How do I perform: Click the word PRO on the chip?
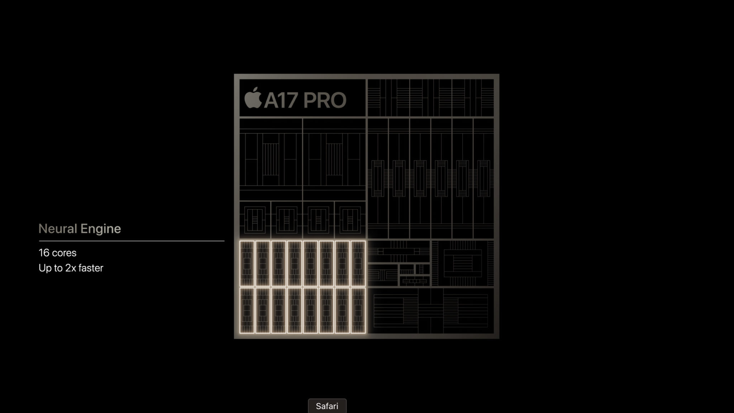click(325, 100)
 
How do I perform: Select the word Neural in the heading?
click(58, 229)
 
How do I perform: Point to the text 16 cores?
click(57, 253)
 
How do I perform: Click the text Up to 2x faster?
click(71, 268)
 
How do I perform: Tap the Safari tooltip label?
click(327, 406)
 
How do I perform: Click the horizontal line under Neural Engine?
click(132, 241)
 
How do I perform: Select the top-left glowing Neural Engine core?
click(247, 264)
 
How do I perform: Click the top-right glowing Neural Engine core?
click(358, 264)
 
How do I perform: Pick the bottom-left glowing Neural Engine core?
click(247, 311)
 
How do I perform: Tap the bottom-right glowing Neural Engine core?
click(358, 311)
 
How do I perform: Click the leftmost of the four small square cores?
click(255, 220)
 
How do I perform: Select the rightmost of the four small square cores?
click(350, 220)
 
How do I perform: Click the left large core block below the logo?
click(271, 159)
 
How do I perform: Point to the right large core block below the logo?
click(334, 159)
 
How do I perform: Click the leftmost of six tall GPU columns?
click(378, 178)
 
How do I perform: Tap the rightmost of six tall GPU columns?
click(483, 178)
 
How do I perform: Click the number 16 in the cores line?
click(44, 253)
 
